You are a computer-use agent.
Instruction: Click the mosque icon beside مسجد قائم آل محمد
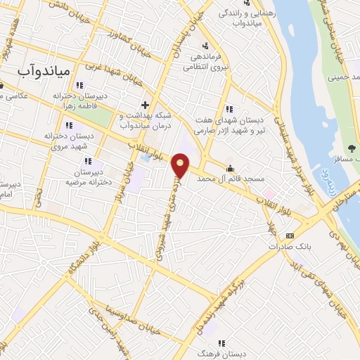pos(231,168)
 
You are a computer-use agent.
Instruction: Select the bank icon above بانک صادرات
pos(290,236)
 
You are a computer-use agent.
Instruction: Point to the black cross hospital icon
pos(144,105)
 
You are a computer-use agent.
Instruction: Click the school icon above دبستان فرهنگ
pos(221,344)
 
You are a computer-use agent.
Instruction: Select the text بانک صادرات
pos(289,247)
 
